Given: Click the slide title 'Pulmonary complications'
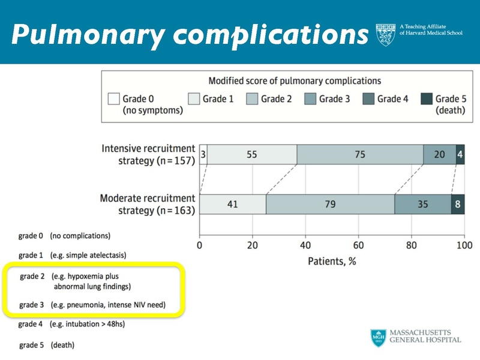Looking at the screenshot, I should click(x=189, y=36).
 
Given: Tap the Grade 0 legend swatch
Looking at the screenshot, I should click(x=113, y=99).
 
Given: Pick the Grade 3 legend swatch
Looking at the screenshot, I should click(x=310, y=99).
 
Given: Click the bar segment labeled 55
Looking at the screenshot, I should click(x=252, y=154).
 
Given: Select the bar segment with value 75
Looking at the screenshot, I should click(x=360, y=154).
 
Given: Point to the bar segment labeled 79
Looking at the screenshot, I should click(x=330, y=204).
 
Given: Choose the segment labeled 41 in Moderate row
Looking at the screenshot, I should click(x=233, y=204).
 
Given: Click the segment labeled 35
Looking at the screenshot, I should click(x=423, y=204).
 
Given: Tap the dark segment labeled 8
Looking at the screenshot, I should click(x=458, y=204).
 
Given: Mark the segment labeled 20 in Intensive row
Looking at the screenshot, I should click(x=439, y=154).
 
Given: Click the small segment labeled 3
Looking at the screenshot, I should click(x=203, y=154).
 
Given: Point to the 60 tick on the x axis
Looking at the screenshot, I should click(x=358, y=245).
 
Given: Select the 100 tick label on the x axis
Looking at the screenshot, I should click(x=464, y=245).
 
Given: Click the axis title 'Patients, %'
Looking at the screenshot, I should click(x=332, y=261).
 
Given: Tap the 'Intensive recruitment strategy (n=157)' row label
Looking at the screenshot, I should click(x=149, y=155).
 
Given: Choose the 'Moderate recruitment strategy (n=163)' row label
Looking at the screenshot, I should click(x=148, y=205).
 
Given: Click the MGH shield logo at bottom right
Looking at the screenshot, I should click(x=378, y=338).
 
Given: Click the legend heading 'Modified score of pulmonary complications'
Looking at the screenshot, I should click(x=295, y=80).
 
